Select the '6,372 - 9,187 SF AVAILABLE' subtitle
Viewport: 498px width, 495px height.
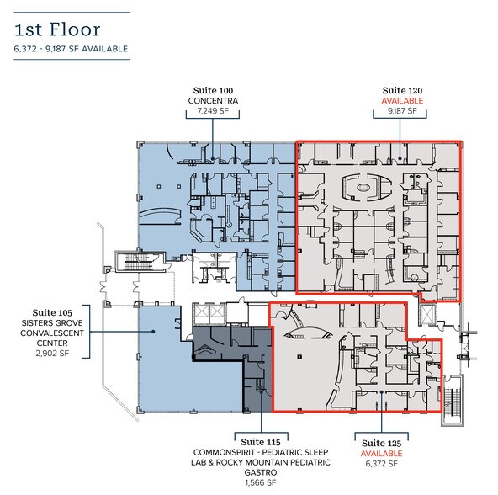pyautogui.click(x=71, y=49)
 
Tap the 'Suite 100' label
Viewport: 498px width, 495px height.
pyautogui.click(x=213, y=90)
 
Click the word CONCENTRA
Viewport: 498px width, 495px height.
pyautogui.click(x=213, y=101)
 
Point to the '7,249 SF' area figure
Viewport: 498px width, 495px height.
pyautogui.click(x=213, y=112)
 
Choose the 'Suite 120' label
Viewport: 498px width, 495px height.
pyautogui.click(x=402, y=90)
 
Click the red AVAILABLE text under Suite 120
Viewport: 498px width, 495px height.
pyautogui.click(x=402, y=101)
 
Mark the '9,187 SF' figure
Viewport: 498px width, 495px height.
pyautogui.click(x=402, y=112)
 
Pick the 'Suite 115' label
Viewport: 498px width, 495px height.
pyautogui.click(x=260, y=440)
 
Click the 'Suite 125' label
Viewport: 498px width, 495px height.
pyautogui.click(x=381, y=442)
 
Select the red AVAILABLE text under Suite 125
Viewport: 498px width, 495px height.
pyautogui.click(x=381, y=453)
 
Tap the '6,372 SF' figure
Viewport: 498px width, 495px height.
pyautogui.click(x=381, y=464)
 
